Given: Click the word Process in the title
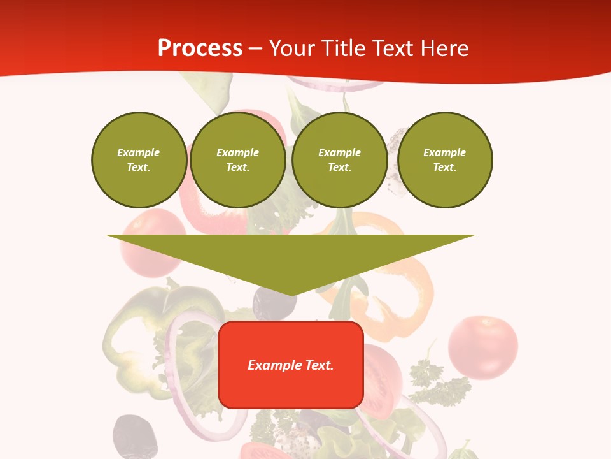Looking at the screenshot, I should click(200, 48).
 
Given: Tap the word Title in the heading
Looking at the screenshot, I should click(344, 48).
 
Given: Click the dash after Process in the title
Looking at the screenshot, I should click(255, 49).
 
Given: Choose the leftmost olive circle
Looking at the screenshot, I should click(139, 160).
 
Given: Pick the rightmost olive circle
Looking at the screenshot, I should click(445, 160).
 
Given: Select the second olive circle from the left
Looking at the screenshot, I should click(237, 160).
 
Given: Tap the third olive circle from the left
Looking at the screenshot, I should click(339, 160).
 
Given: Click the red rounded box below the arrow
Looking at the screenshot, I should click(290, 365).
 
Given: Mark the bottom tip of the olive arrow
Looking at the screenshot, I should click(291, 295).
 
